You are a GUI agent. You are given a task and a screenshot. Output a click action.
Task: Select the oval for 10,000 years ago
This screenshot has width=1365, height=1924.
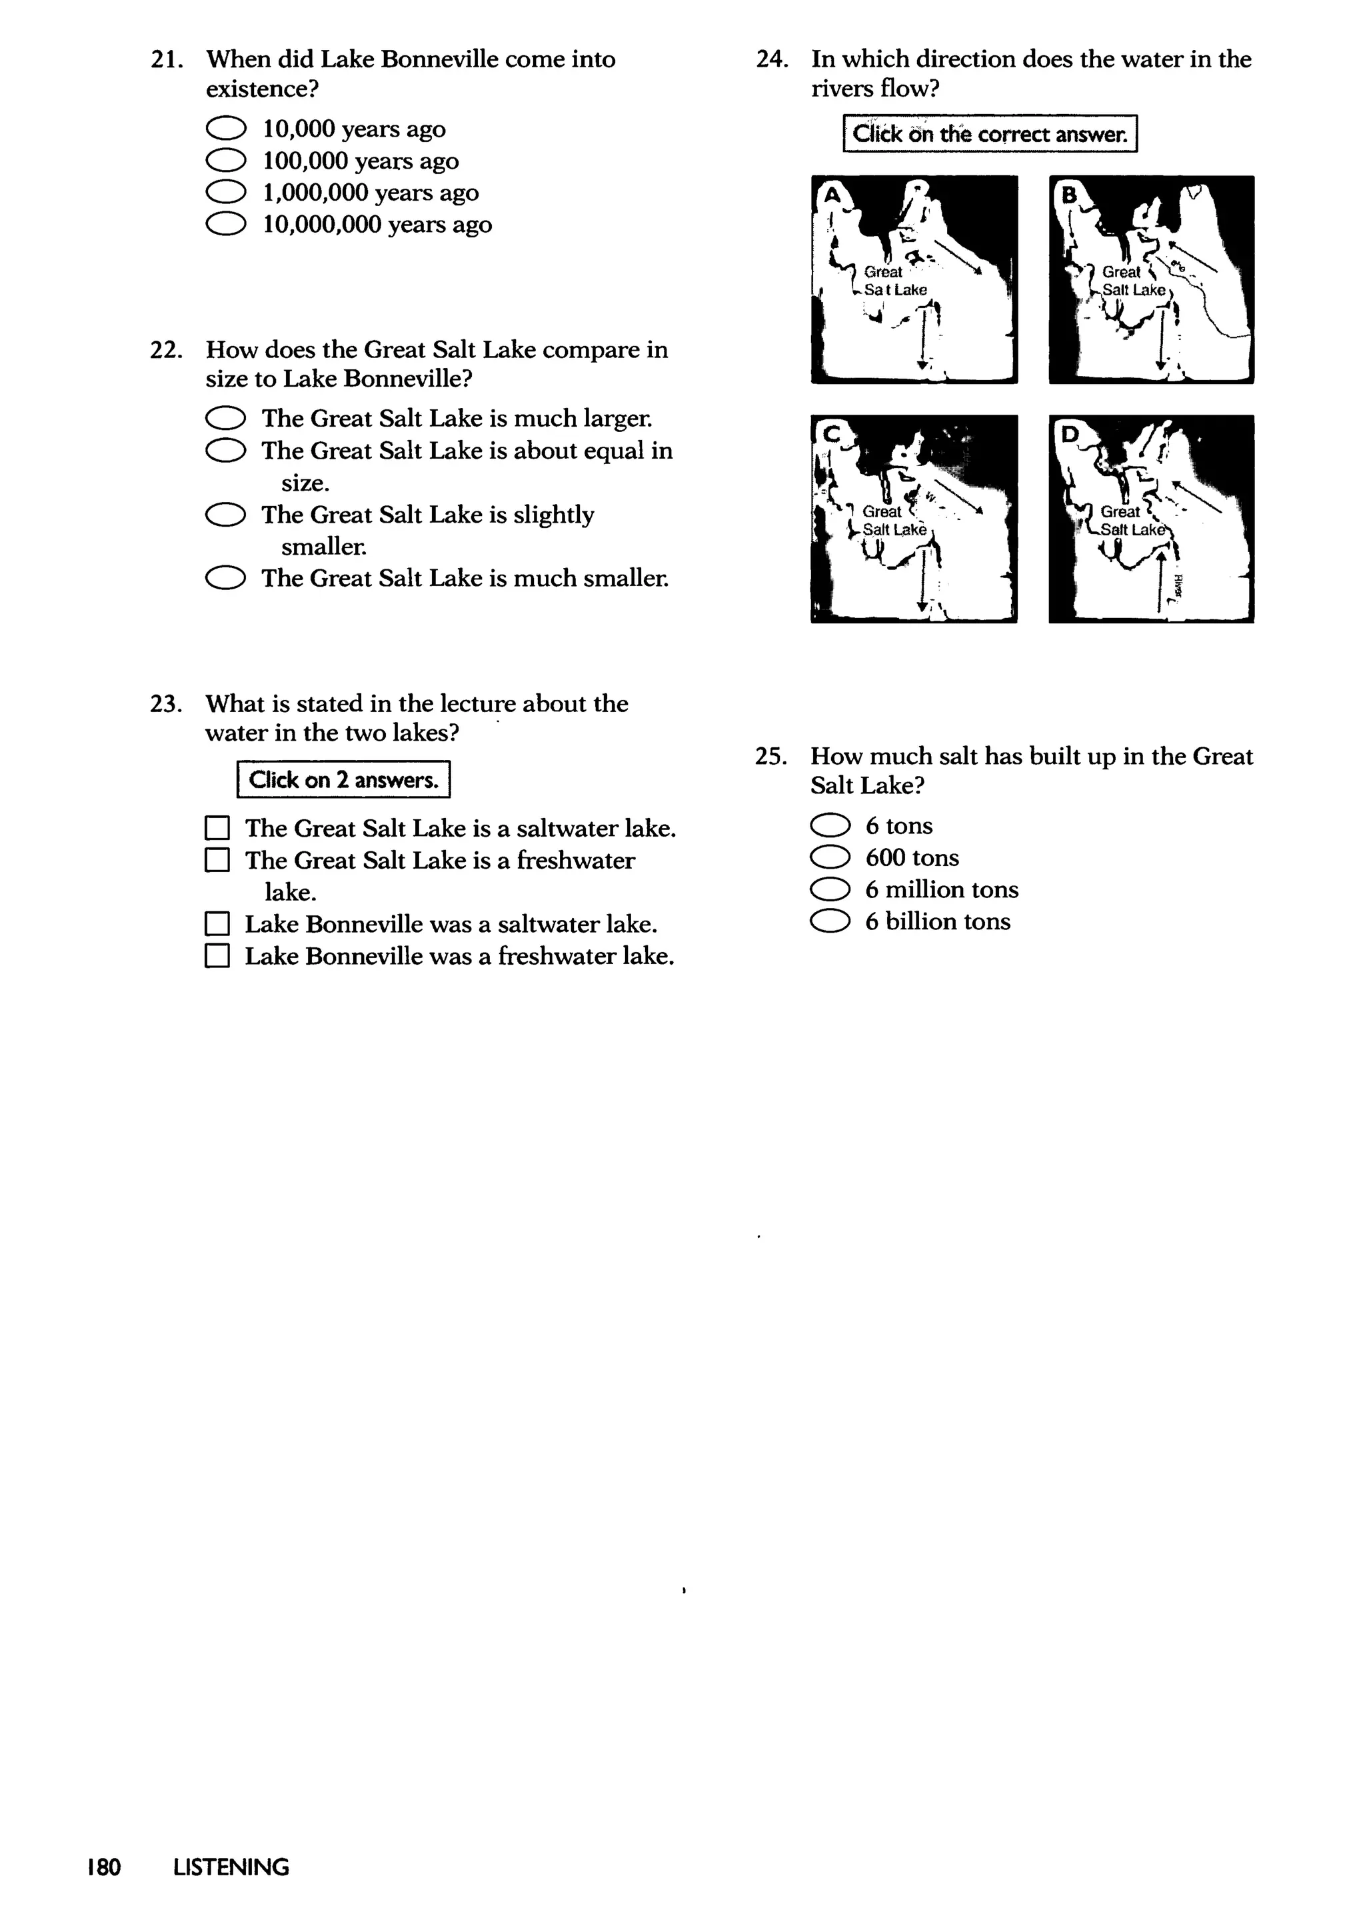click(x=225, y=129)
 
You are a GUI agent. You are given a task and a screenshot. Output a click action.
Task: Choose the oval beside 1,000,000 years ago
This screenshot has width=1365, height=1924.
click(x=225, y=193)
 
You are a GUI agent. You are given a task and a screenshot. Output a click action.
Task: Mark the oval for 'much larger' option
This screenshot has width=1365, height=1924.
click(x=225, y=419)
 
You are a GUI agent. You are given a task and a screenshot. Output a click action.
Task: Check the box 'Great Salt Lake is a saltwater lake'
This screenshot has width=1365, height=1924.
click(x=217, y=829)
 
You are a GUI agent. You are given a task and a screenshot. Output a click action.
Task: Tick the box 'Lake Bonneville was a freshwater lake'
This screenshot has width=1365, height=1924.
click(x=217, y=957)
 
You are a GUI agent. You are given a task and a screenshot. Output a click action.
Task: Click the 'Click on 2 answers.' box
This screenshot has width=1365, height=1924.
click(x=343, y=780)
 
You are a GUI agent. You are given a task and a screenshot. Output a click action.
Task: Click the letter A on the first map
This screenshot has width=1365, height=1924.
click(x=831, y=196)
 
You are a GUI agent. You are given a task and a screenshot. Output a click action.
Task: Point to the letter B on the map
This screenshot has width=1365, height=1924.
click(x=1069, y=196)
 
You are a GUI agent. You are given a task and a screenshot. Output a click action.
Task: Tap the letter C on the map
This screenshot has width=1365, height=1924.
click(x=831, y=435)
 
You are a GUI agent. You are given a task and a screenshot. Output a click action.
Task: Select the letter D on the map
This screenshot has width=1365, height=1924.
click(x=1069, y=435)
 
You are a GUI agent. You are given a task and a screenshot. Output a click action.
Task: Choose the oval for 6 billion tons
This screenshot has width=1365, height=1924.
click(x=830, y=922)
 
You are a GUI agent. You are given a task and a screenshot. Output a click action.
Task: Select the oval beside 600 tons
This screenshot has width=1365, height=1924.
click(x=830, y=858)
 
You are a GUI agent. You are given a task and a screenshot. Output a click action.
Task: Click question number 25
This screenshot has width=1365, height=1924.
click(x=770, y=757)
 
